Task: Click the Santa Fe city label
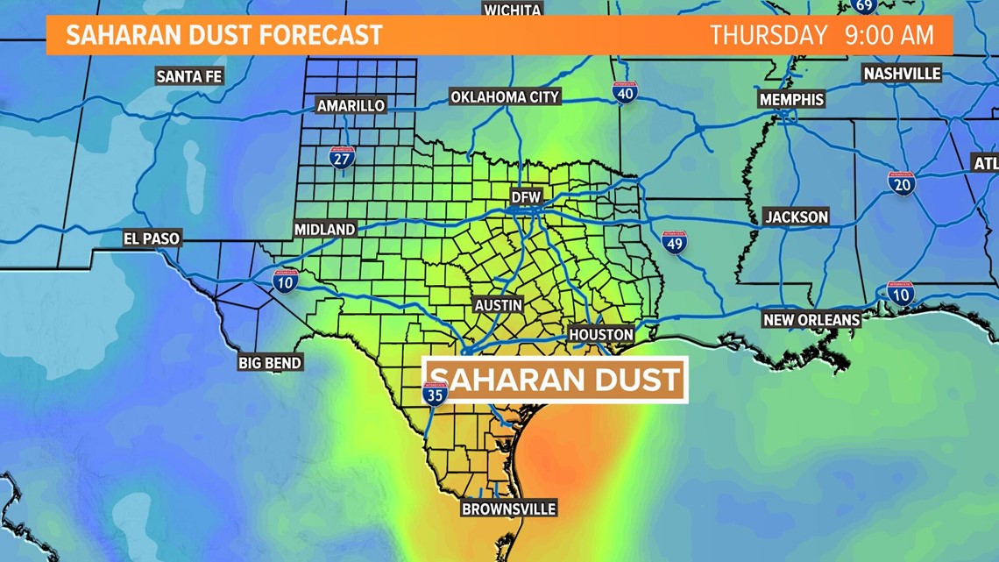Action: pyautogui.click(x=189, y=76)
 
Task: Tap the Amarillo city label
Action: pyautogui.click(x=351, y=105)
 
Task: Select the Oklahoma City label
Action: pyautogui.click(x=505, y=97)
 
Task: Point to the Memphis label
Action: pyautogui.click(x=791, y=99)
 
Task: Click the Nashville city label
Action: pyautogui.click(x=902, y=74)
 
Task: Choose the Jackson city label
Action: pyautogui.click(x=796, y=217)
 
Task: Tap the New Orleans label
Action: pyautogui.click(x=811, y=320)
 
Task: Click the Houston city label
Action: pyautogui.click(x=601, y=334)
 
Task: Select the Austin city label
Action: pyautogui.click(x=499, y=305)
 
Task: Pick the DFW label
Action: pyautogui.click(x=527, y=197)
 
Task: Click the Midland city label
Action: pyautogui.click(x=324, y=229)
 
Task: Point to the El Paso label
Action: pyautogui.click(x=152, y=238)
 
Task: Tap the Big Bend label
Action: pyautogui.click(x=270, y=362)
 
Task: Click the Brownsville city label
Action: pyautogui.click(x=509, y=509)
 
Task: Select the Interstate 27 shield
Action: pyautogui.click(x=342, y=157)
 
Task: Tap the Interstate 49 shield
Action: pyautogui.click(x=674, y=242)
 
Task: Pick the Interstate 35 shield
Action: pyautogui.click(x=435, y=394)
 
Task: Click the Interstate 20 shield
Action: pyautogui.click(x=901, y=182)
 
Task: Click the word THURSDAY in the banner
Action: pyautogui.click(x=769, y=36)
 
